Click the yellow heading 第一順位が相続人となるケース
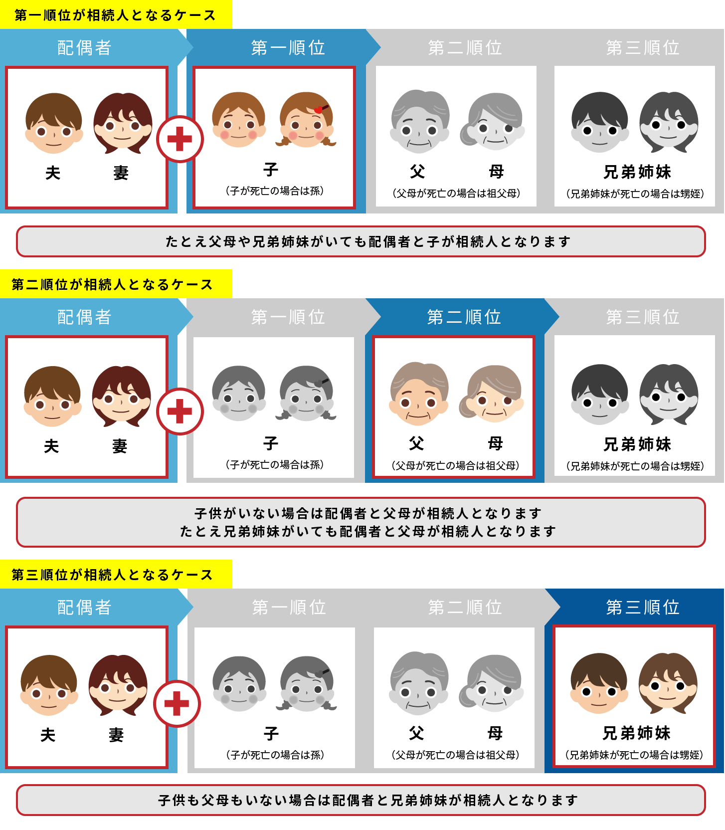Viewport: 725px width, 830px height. [x=115, y=15]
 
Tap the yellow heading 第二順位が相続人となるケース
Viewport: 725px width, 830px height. [x=113, y=284]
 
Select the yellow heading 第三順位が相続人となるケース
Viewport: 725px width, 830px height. [x=113, y=575]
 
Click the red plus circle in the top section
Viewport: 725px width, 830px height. [x=180, y=139]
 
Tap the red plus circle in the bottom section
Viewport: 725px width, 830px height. [x=177, y=704]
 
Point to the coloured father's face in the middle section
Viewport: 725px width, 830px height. [x=419, y=394]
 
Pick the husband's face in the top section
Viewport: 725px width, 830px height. [x=53, y=123]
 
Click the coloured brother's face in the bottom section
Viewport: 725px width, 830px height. [x=599, y=683]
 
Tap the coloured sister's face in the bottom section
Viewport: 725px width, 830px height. [x=668, y=683]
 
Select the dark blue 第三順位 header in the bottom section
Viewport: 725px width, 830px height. [x=642, y=607]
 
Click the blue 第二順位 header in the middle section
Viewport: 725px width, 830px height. [x=464, y=317]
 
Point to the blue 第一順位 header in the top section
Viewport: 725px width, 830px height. [x=288, y=47]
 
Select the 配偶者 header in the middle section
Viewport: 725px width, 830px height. [x=84, y=317]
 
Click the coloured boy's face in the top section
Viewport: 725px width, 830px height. [x=239, y=120]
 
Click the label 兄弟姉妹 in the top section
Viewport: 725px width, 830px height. [x=637, y=172]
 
